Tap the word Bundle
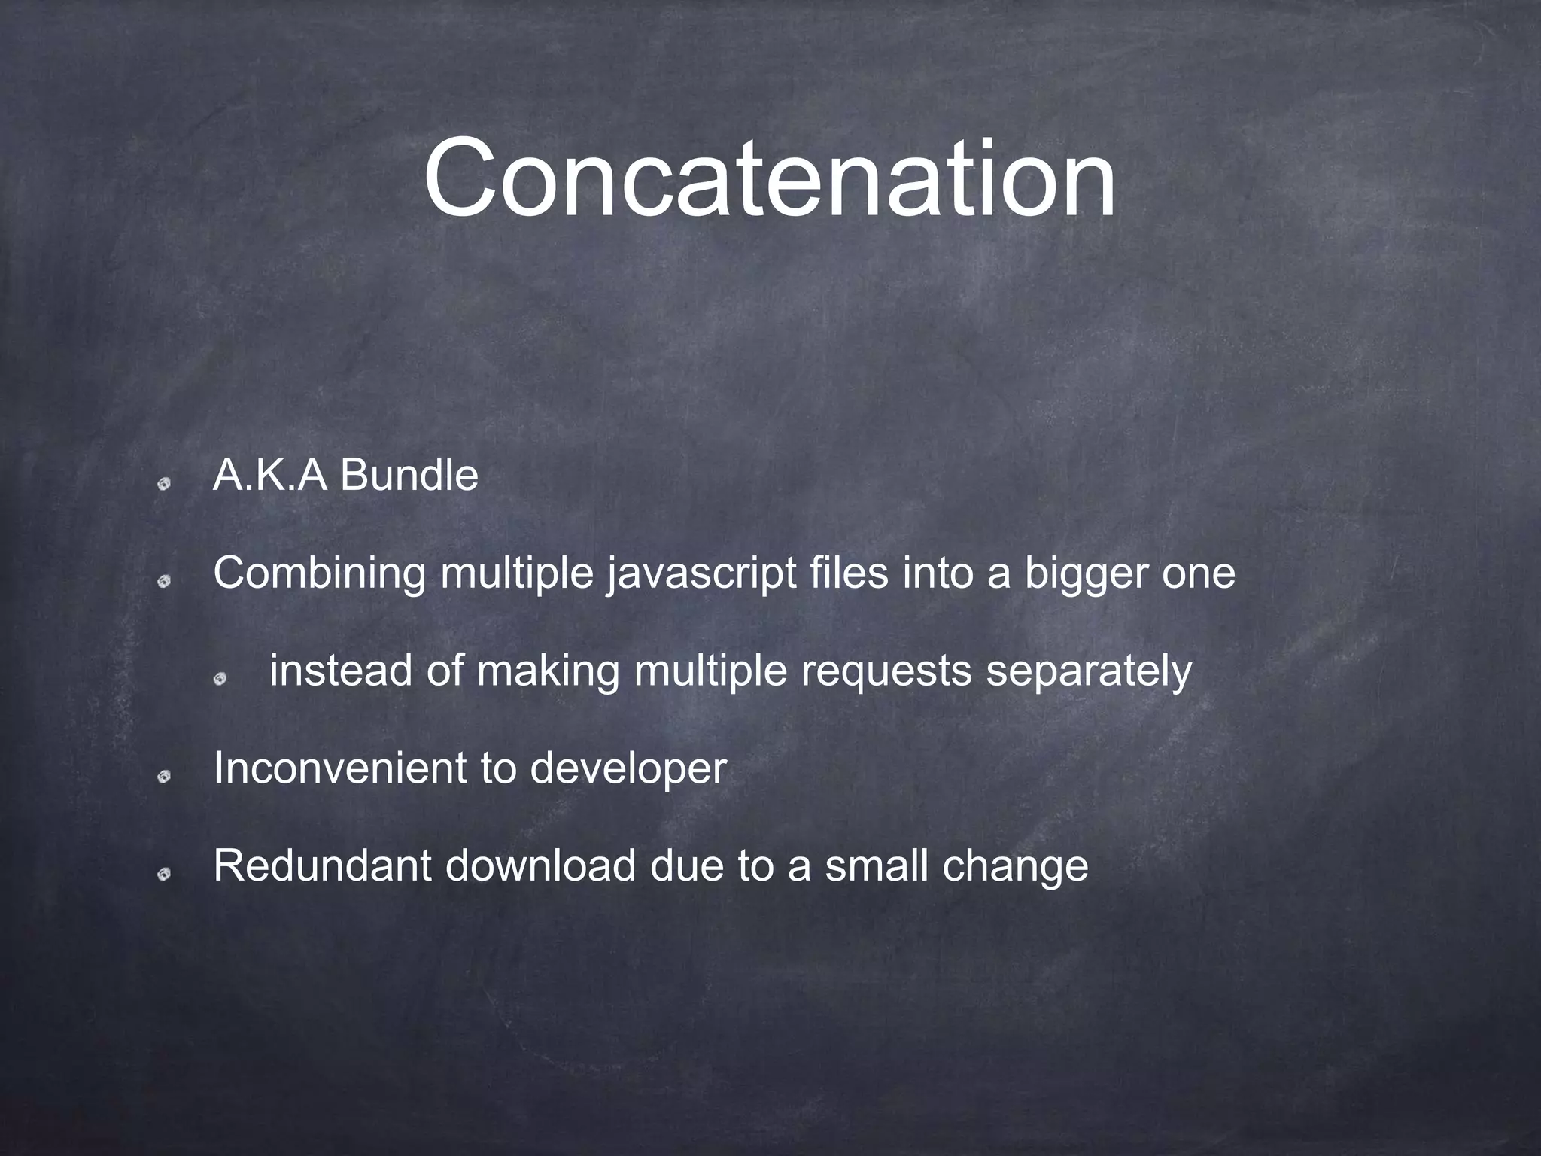[x=409, y=476]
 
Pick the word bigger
[x=1086, y=575]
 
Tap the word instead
[x=340, y=671]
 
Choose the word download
[x=540, y=865]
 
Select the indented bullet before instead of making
[x=220, y=679]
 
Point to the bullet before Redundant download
[x=165, y=873]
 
